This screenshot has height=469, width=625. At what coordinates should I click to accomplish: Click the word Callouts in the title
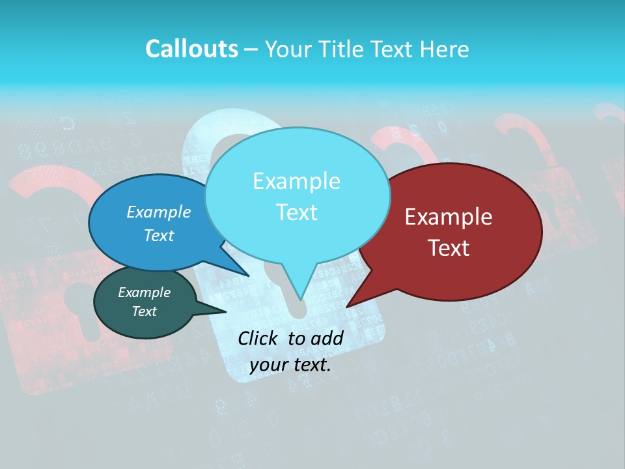tap(191, 49)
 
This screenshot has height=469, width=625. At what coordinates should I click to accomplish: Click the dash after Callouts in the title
tap(251, 50)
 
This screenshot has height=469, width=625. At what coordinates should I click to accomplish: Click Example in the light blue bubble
tap(296, 181)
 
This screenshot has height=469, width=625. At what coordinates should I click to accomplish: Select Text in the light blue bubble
tap(296, 212)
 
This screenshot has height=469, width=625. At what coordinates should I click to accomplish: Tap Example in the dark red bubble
tap(449, 217)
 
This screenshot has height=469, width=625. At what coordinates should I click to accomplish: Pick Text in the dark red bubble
tap(449, 248)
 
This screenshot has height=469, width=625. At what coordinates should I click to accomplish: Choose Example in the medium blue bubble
tap(158, 212)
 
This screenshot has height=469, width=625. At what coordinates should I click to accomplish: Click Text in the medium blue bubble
tap(158, 235)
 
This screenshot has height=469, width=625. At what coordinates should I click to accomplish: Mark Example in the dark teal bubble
tap(144, 292)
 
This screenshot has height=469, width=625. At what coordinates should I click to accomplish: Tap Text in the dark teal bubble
tap(144, 311)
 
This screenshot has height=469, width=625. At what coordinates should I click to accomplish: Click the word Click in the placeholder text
tap(258, 338)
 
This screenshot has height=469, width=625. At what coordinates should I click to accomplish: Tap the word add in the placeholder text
tap(327, 338)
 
